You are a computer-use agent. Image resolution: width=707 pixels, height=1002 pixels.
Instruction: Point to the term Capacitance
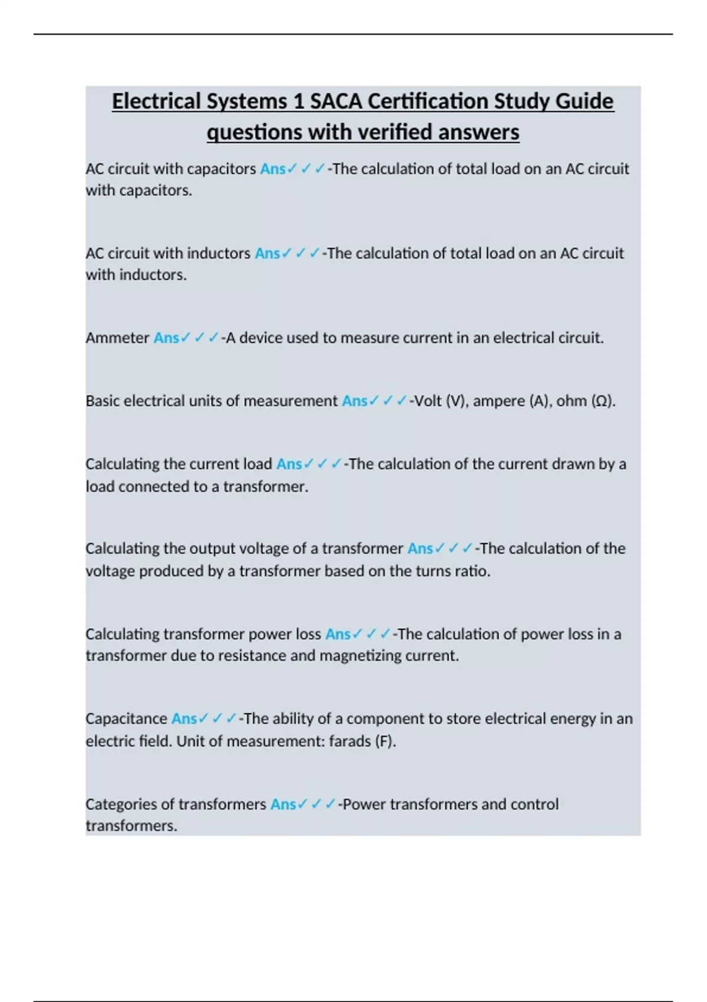click(x=126, y=718)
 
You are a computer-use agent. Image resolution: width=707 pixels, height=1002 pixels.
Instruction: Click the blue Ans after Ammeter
click(x=166, y=338)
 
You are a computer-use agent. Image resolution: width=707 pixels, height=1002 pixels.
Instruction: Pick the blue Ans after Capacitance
click(x=184, y=718)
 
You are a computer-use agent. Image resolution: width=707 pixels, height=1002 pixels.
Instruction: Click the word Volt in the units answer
click(x=428, y=401)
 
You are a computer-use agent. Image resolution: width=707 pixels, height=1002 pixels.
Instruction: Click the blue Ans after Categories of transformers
click(x=283, y=804)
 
